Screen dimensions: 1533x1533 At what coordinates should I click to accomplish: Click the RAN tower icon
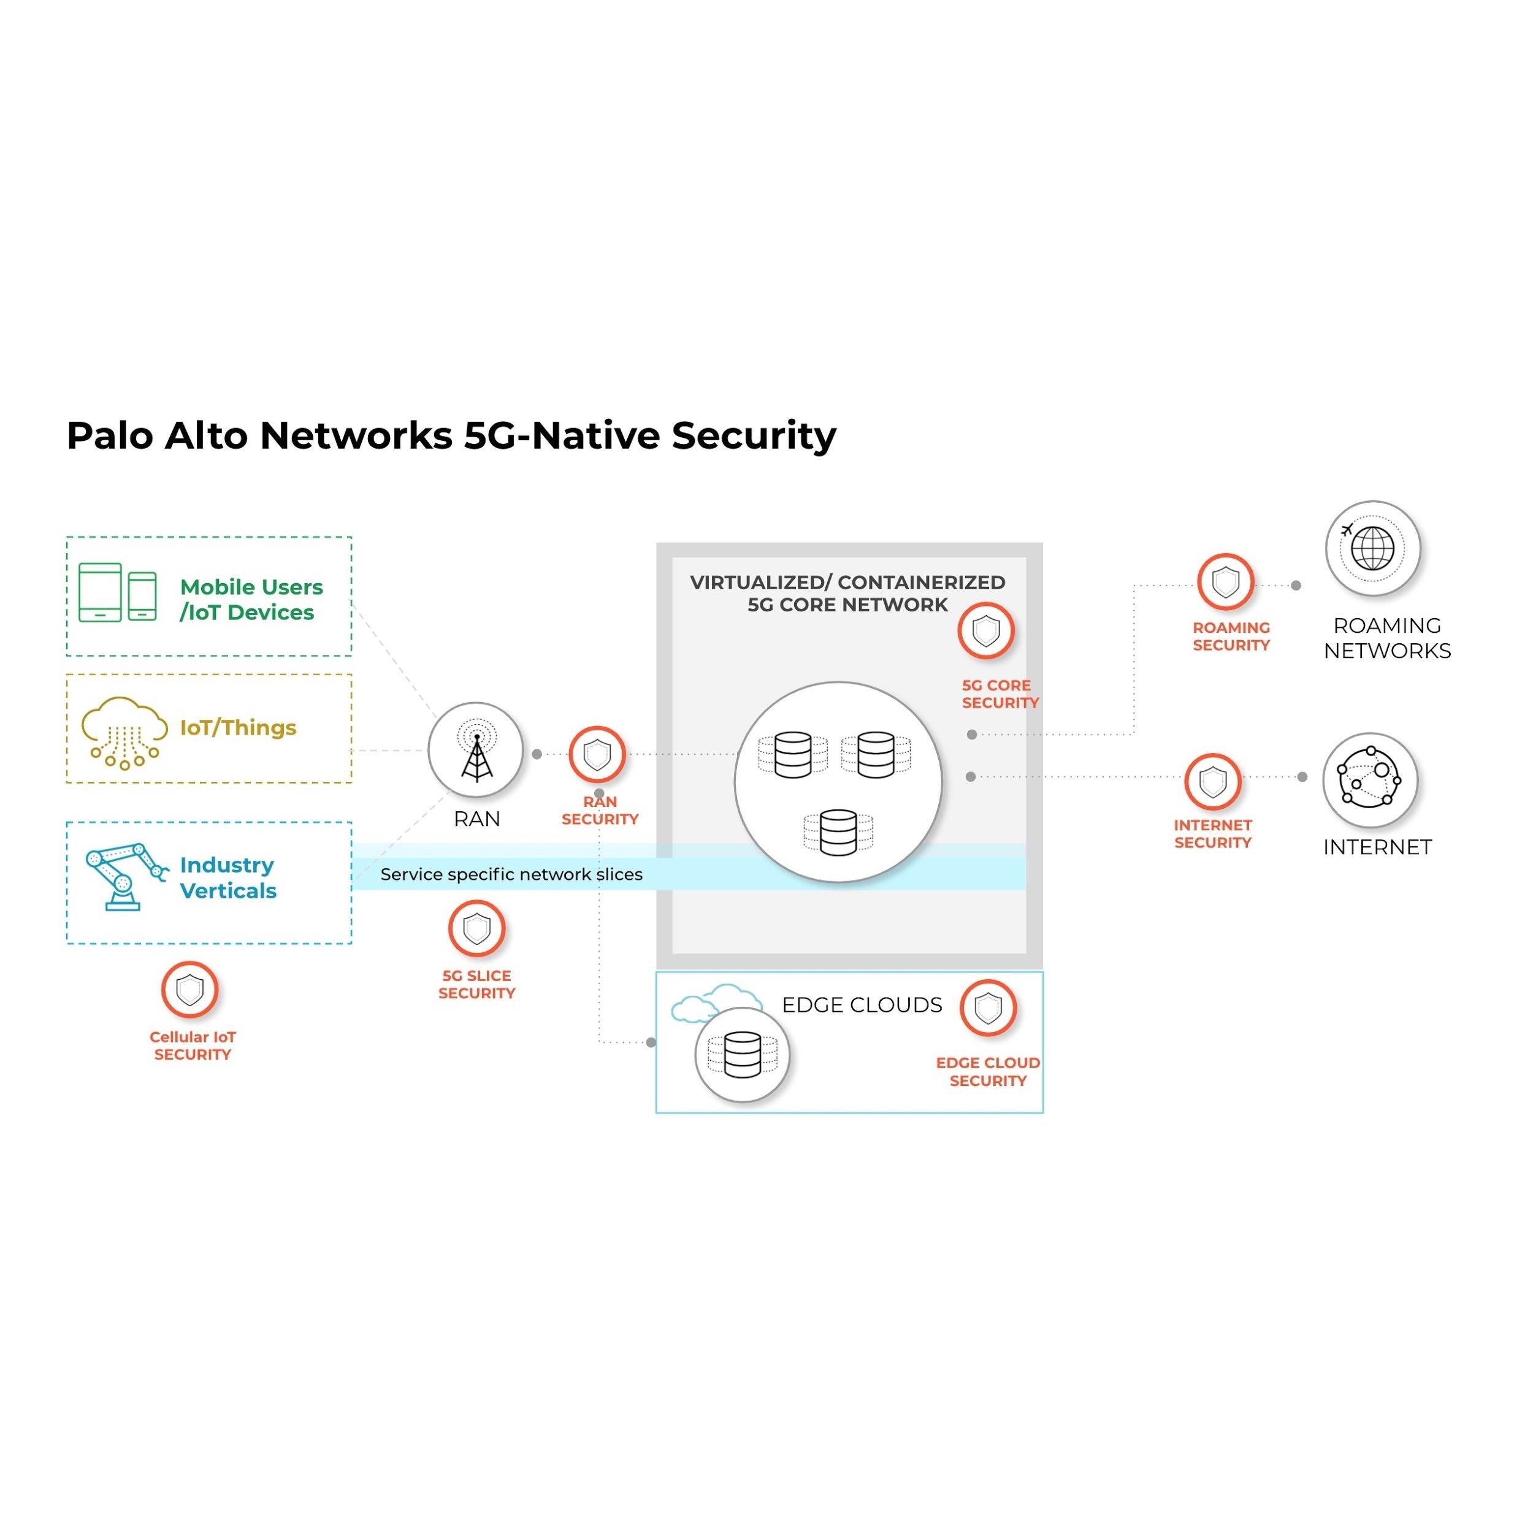pos(475,750)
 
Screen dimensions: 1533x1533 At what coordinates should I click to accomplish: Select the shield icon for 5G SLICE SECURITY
pos(476,928)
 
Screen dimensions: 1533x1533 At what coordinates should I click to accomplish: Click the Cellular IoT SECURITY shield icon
pos(189,990)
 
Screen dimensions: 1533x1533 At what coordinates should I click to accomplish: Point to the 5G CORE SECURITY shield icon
pos(985,631)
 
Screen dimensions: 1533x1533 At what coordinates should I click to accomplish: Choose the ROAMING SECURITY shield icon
pos(1225,581)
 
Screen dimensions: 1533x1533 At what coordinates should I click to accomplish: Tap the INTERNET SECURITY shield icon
pos(1212,782)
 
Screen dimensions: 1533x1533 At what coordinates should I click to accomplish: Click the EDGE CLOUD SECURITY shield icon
pos(988,1007)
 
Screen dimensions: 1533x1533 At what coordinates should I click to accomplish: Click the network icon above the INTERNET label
pos(1369,780)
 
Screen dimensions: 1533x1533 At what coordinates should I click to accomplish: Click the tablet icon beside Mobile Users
pos(100,592)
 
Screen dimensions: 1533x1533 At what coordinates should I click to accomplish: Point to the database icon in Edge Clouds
pos(742,1055)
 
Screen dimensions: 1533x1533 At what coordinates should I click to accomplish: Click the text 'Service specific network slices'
pos(511,874)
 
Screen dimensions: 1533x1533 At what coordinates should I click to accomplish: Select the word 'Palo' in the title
pos(110,435)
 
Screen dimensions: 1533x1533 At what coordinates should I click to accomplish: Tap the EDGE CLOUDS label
pos(862,1004)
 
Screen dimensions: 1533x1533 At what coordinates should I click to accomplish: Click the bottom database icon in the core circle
pos(838,832)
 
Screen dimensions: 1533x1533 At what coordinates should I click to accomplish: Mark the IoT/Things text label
pos(238,728)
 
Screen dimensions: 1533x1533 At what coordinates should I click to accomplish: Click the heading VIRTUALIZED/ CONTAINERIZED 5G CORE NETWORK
pos(847,594)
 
